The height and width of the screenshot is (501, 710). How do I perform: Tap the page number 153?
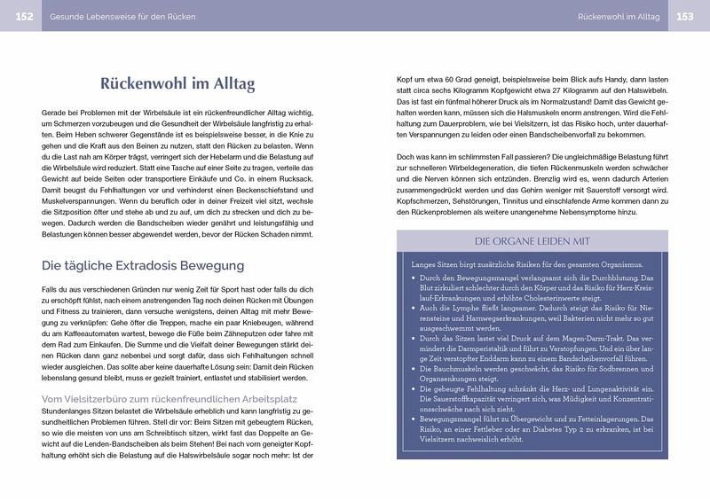(x=685, y=16)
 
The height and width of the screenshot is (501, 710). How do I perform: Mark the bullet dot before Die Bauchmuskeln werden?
(x=416, y=368)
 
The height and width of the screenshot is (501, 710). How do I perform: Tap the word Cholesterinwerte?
(x=549, y=298)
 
